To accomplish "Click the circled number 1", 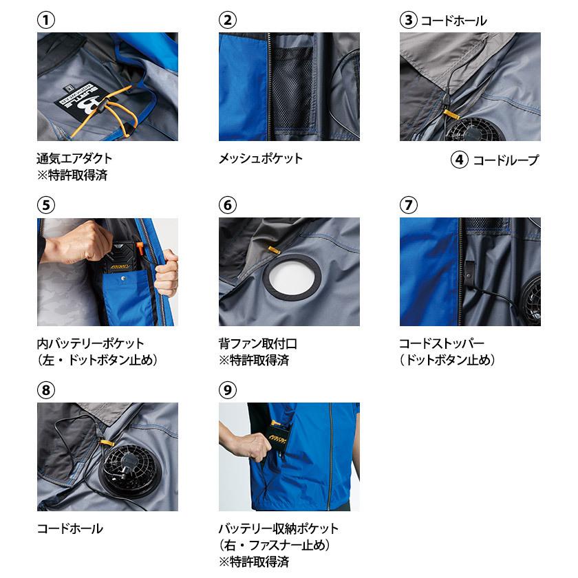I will pos(45,21).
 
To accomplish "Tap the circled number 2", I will pos(227,21).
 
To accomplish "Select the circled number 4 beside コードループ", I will pos(460,160).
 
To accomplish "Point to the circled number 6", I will pos(227,206).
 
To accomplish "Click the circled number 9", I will pos(227,390).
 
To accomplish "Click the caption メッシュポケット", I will pos(260,159).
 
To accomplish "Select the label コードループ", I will pos(506,160).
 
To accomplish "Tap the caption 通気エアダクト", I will pos(74,159).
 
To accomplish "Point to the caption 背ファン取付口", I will pos(257,343).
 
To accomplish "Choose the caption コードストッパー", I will pos(440,343).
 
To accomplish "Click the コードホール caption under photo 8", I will pos(69,528).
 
